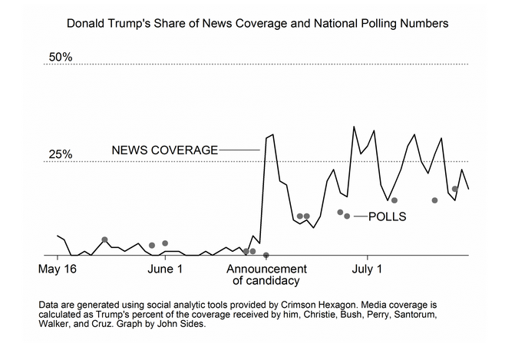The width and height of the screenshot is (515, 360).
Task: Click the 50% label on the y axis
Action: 60,58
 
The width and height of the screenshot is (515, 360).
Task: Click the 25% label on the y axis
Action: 60,154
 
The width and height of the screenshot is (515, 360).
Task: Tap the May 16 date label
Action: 58,269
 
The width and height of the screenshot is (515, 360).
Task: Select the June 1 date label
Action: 163,269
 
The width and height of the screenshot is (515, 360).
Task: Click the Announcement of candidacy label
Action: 266,275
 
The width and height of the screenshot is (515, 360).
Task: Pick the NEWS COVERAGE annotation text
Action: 165,150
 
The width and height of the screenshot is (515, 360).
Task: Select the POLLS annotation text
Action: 387,217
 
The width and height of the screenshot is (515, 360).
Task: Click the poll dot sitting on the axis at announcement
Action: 266,255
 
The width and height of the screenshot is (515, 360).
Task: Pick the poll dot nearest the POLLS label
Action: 347,216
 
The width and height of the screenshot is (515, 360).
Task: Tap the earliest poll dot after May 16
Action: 105,239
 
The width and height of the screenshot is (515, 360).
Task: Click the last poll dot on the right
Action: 455,189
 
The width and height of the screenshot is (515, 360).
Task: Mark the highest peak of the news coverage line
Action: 354,127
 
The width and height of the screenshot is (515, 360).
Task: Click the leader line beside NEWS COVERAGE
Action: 239,150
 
